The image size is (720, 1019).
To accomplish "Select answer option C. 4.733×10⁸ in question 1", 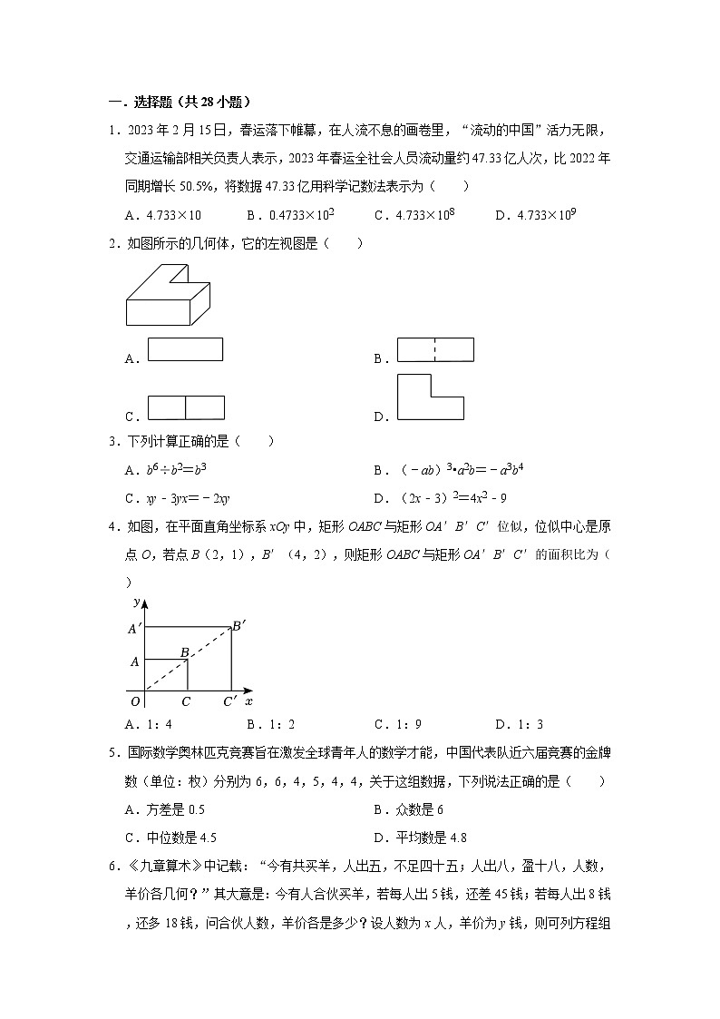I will pyautogui.click(x=414, y=215).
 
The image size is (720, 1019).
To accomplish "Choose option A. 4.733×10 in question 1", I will pyautogui.click(x=163, y=215).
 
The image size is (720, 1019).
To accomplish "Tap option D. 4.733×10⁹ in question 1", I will pyautogui.click(x=537, y=215).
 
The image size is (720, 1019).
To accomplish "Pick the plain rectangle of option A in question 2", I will pyautogui.click(x=185, y=349).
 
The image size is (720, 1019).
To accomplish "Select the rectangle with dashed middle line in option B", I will pyautogui.click(x=436, y=349).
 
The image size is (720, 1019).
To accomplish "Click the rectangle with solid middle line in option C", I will pyautogui.click(x=186, y=408).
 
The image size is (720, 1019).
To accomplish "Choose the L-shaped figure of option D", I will pyautogui.click(x=431, y=397).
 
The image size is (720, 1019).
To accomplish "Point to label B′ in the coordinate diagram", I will pyautogui.click(x=238, y=625).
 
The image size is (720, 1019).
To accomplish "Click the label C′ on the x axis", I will pyautogui.click(x=230, y=701).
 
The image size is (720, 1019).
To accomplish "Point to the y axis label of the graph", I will pyautogui.click(x=136, y=602).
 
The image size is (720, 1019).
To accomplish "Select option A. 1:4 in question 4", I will pyautogui.click(x=149, y=724).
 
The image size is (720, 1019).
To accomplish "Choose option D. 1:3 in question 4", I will pyautogui.click(x=518, y=724).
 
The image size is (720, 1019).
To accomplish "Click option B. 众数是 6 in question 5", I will pyautogui.click(x=408, y=809).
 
